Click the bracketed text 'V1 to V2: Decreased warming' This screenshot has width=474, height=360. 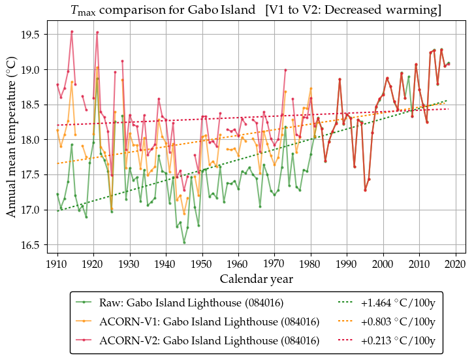pyautogui.click(x=350, y=10)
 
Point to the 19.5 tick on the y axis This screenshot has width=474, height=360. pyautogui.click(x=29, y=35)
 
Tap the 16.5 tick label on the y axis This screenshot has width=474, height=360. pyautogui.click(x=29, y=245)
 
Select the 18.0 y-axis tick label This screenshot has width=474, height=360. pyautogui.click(x=29, y=140)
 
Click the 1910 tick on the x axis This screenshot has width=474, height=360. pyautogui.click(x=57, y=263)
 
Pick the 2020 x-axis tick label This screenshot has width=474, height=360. pyautogui.click(x=456, y=263)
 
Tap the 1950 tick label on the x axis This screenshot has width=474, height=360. pyautogui.click(x=202, y=263)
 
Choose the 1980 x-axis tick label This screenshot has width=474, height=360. pyautogui.click(x=311, y=263)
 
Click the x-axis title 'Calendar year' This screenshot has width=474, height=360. pyautogui.click(x=256, y=279)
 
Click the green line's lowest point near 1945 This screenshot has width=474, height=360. pyautogui.click(x=184, y=242)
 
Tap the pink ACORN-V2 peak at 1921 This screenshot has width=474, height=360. pyautogui.click(x=97, y=32)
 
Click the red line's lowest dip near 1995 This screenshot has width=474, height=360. pyautogui.click(x=365, y=190)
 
